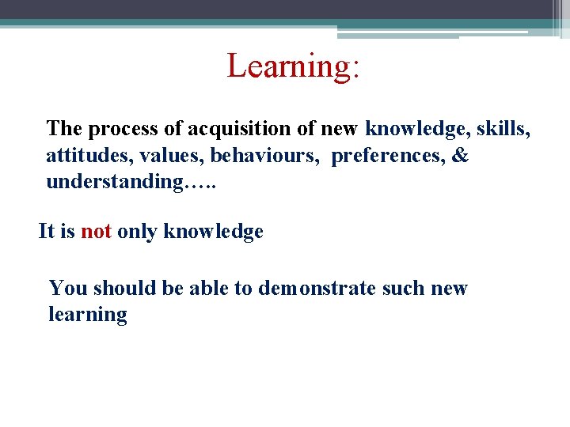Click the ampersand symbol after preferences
[x=460, y=155]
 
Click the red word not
[x=96, y=232]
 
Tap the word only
[x=138, y=232]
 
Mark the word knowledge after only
[x=213, y=232]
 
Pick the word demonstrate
[x=317, y=288]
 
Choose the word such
[x=404, y=288]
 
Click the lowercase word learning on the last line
[x=87, y=315]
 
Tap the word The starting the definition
[x=65, y=128]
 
